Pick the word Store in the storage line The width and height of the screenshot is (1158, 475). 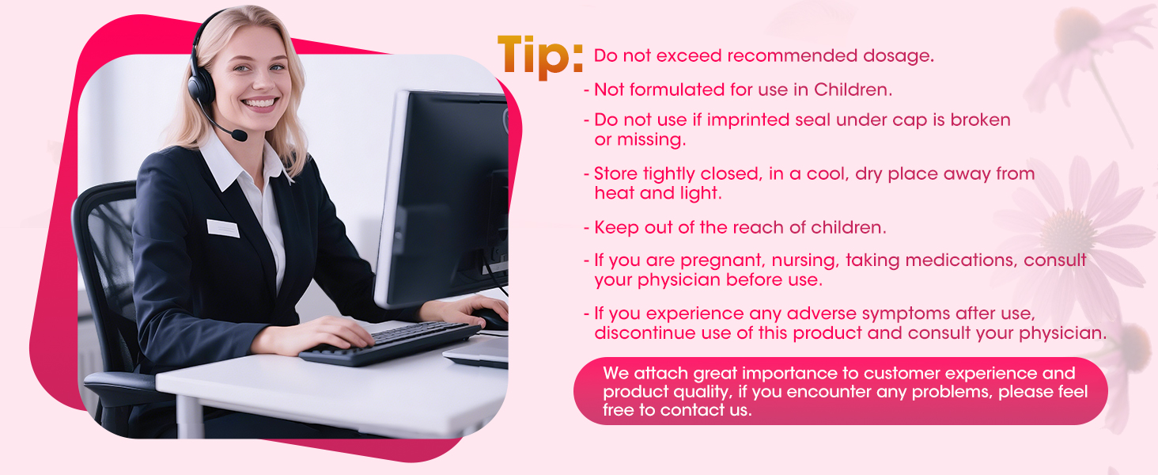(616, 173)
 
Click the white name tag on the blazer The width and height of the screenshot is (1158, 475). (223, 228)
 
